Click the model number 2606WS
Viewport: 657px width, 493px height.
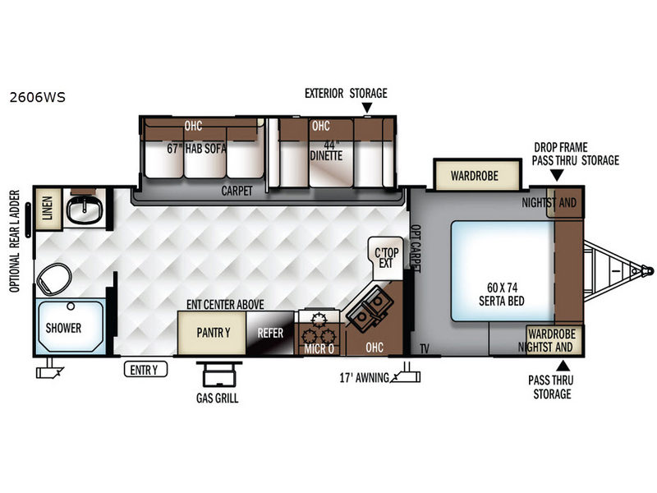(37, 97)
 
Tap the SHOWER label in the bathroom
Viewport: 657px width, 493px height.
(63, 328)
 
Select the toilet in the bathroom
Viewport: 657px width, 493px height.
(54, 279)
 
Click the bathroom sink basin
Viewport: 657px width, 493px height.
(85, 210)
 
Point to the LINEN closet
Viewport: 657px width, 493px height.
(48, 209)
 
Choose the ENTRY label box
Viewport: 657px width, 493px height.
(145, 370)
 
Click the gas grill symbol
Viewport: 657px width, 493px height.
(219, 375)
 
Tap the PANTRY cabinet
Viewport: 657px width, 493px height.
(212, 333)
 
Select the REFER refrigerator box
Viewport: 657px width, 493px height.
(270, 333)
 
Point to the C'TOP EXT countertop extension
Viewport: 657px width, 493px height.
(386, 257)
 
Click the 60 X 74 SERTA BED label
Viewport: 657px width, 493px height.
(502, 294)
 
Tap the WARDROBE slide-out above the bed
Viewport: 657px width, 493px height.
(477, 175)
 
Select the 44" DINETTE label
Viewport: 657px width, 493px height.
(326, 151)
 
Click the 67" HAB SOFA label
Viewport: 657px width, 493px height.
(196, 149)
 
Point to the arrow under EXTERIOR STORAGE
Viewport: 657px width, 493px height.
(367, 108)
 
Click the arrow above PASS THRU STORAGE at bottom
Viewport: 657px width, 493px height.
(563, 366)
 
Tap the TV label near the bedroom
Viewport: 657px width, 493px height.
(425, 348)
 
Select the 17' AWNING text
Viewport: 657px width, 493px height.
(364, 378)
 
